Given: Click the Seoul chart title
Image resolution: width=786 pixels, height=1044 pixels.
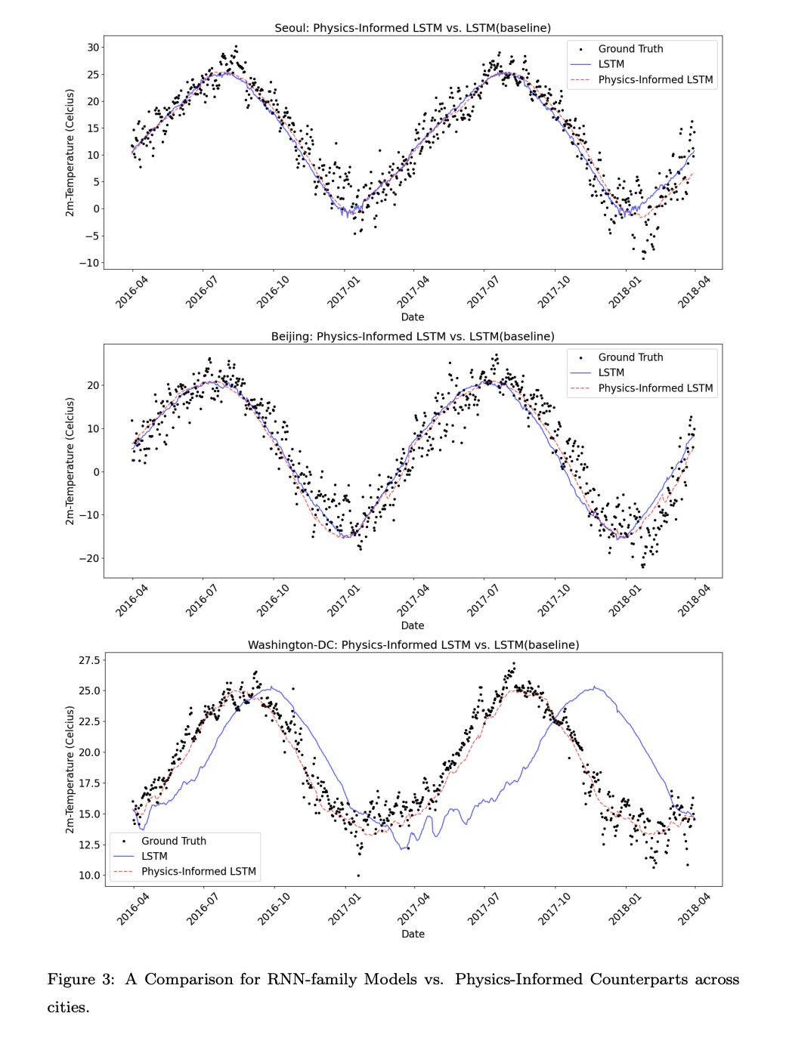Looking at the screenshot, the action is [413, 28].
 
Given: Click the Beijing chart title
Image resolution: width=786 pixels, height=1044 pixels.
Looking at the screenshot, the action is [413, 336].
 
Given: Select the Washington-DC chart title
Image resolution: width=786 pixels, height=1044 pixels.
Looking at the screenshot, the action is [413, 644].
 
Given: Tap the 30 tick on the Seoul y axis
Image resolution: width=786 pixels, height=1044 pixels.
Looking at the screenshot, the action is [93, 48].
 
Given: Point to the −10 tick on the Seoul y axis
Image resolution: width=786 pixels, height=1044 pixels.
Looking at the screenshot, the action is [89, 263].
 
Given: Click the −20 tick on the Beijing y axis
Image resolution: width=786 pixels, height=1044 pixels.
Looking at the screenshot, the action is [89, 558].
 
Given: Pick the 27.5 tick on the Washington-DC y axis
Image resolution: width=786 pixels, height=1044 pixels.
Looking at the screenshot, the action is [89, 660].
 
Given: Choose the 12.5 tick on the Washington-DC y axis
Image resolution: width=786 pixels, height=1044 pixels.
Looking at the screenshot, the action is [89, 845].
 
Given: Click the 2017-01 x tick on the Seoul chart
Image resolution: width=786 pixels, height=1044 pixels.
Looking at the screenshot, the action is [344, 292].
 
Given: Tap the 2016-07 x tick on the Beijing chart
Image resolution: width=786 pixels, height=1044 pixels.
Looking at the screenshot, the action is [202, 601].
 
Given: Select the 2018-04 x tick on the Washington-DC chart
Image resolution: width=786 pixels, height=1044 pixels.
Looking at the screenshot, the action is [694, 909].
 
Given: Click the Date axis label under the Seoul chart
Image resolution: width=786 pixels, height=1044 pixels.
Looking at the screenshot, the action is [413, 317].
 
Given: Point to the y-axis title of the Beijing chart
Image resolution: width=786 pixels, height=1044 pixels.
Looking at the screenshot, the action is [70, 461].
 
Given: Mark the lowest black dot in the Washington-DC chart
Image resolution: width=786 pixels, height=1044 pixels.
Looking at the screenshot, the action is [358, 875].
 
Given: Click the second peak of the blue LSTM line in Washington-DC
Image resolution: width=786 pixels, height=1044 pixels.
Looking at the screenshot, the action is [594, 687].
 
